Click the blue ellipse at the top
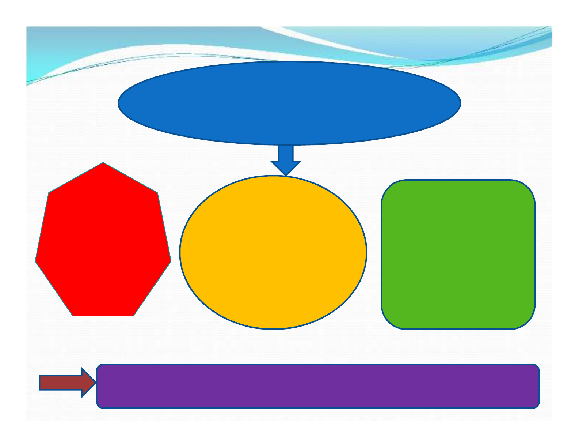pos(289,103)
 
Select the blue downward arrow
pos(286,159)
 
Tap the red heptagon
pos(103,243)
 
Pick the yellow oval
pos(273,252)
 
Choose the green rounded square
pos(458,254)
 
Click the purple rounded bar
pos(318,386)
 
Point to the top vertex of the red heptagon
pos(103,163)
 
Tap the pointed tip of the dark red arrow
pos(95,383)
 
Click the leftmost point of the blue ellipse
pos(119,103)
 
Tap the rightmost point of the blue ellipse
pos(460,103)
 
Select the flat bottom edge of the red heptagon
pos(103,315)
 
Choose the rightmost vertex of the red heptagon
pos(171,261)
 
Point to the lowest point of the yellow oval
pos(273,328)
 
